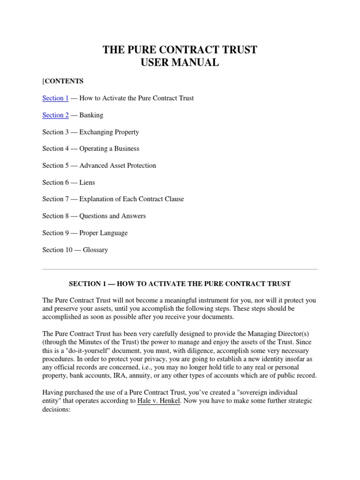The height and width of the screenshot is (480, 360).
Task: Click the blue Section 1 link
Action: coord(55,98)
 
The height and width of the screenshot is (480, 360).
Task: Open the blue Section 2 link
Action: coord(55,115)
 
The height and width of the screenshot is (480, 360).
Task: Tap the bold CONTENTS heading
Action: coord(64,81)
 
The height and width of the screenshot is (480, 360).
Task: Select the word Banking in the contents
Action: coord(91,115)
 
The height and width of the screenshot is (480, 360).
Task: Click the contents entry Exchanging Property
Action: coord(109,132)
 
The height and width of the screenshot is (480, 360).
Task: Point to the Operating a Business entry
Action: coord(109,149)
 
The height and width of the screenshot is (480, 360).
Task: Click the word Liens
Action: coord(87,182)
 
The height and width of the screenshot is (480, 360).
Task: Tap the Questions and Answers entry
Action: coord(112,216)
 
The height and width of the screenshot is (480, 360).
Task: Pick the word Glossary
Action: coord(95,250)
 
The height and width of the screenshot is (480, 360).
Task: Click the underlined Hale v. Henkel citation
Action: coord(159,401)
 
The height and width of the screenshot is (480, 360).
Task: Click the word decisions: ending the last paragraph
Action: coord(56,409)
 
